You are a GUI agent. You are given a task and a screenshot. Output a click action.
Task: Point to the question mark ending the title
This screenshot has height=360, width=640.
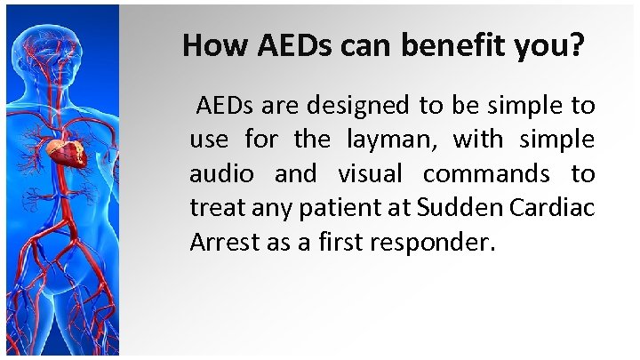tap(578, 45)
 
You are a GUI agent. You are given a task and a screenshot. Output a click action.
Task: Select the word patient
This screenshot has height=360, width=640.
tap(317, 209)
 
